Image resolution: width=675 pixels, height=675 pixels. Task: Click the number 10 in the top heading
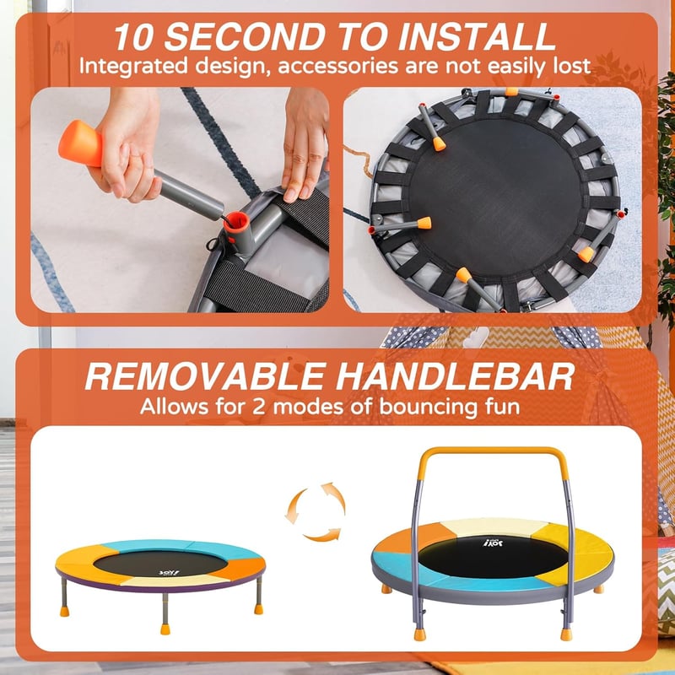click(133, 37)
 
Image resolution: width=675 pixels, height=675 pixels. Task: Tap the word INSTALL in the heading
click(477, 37)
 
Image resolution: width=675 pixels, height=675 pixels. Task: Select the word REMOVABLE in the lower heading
click(205, 376)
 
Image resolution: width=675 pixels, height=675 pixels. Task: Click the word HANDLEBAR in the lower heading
click(456, 376)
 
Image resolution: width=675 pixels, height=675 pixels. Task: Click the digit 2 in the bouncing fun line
click(259, 407)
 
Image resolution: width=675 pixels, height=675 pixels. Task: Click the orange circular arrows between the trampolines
click(316, 511)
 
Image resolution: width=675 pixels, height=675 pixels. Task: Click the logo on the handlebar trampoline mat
click(493, 543)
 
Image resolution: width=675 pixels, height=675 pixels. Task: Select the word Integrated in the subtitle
click(133, 67)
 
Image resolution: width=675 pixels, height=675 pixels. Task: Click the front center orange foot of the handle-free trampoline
click(165, 629)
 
